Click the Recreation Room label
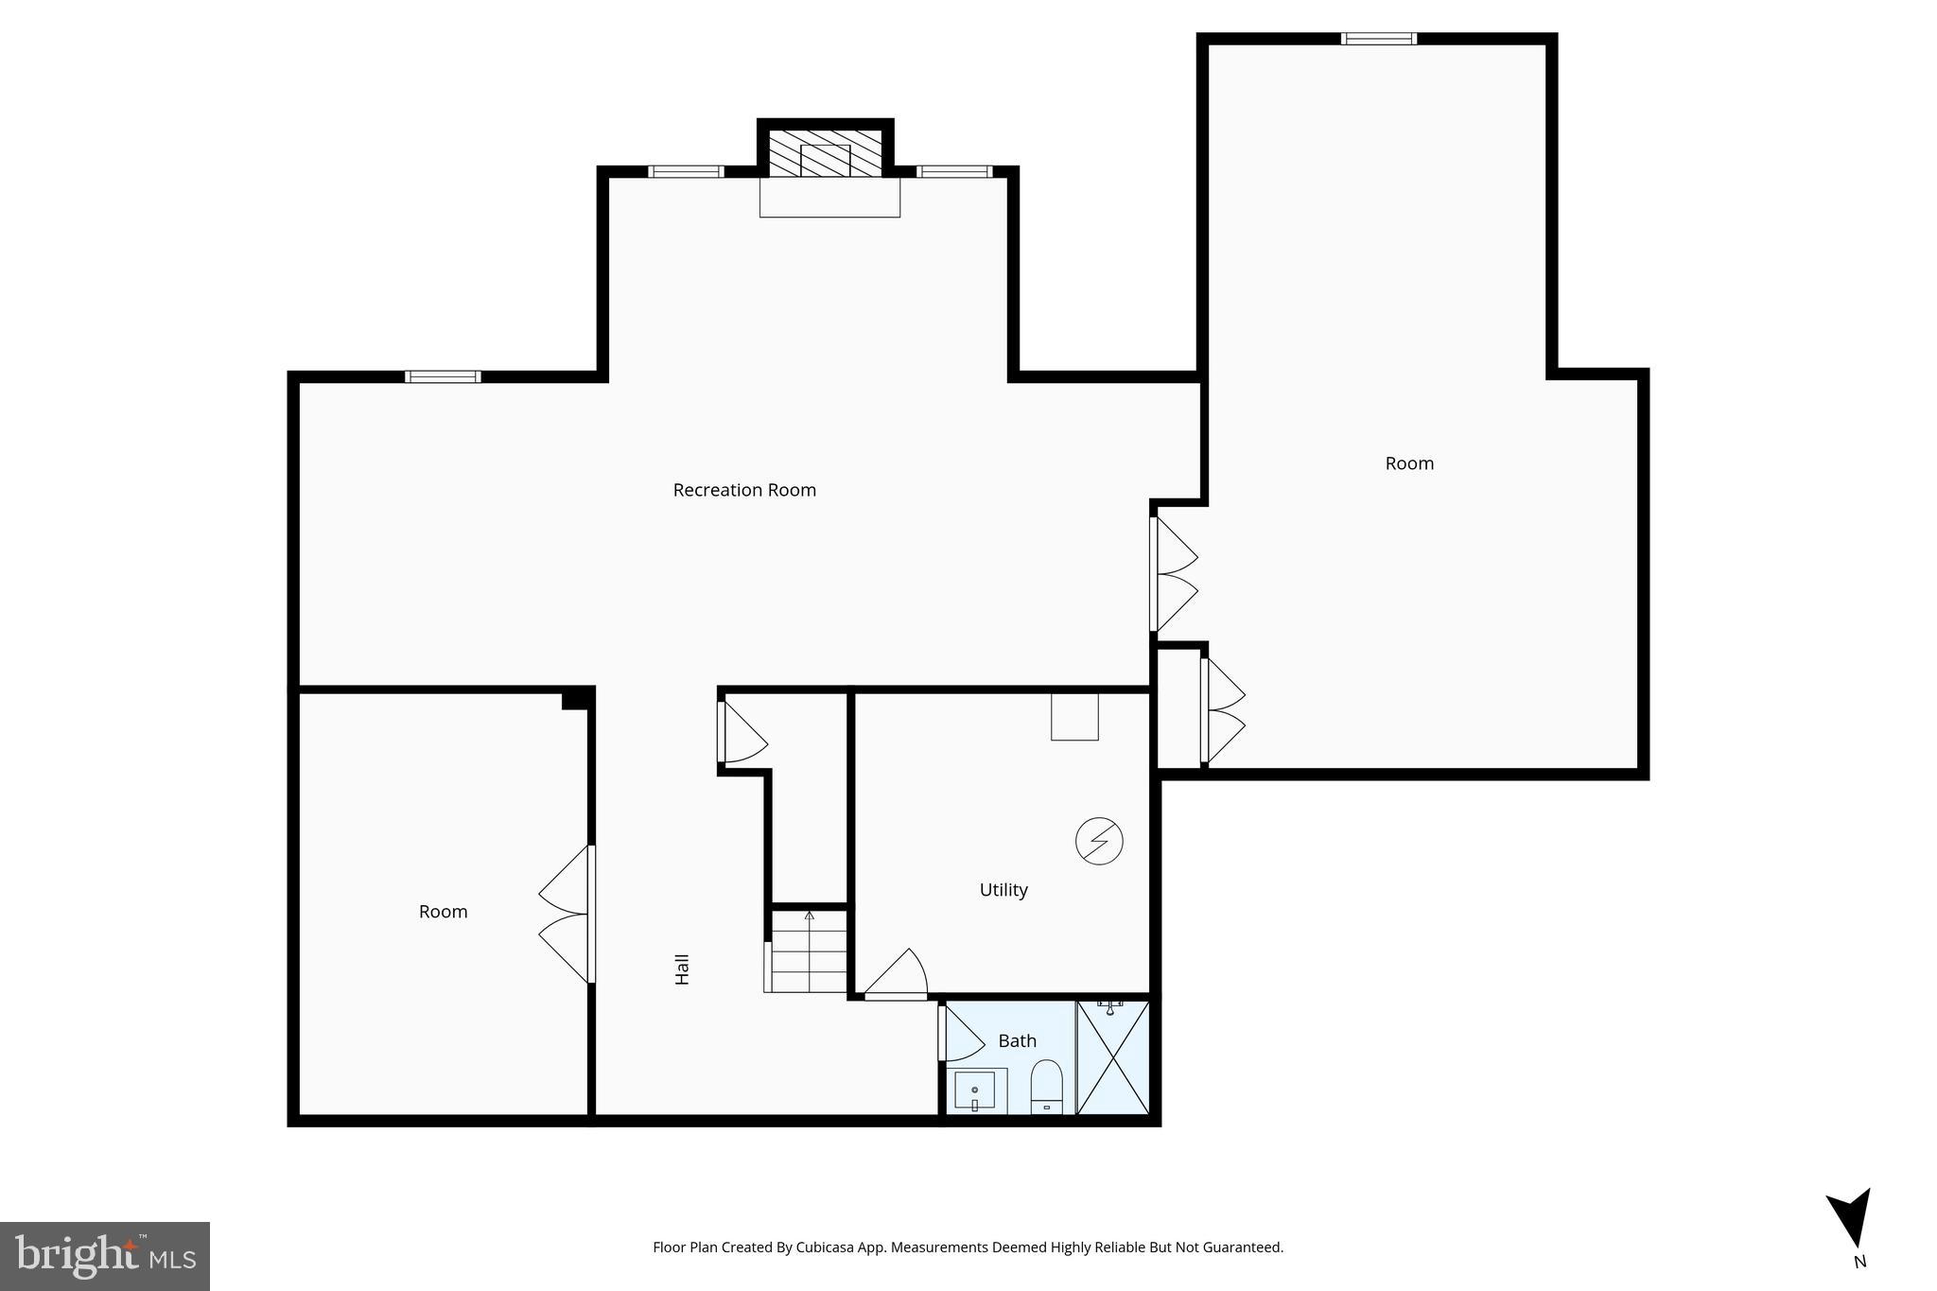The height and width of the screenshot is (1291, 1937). (744, 490)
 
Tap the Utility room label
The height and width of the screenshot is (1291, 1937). (1003, 890)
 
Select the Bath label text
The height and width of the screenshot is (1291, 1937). (1018, 1041)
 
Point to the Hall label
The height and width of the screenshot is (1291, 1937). (682, 969)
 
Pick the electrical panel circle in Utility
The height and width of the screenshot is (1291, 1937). (1099, 841)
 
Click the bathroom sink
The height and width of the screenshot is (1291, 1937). (975, 1090)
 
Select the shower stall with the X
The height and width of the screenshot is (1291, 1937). (1113, 1057)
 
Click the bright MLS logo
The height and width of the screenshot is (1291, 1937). (105, 1256)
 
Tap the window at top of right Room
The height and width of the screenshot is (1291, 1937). (1378, 39)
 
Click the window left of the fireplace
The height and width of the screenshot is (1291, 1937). (686, 171)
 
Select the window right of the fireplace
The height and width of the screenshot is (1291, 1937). (954, 171)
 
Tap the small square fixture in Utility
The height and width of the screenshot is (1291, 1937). (1074, 717)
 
